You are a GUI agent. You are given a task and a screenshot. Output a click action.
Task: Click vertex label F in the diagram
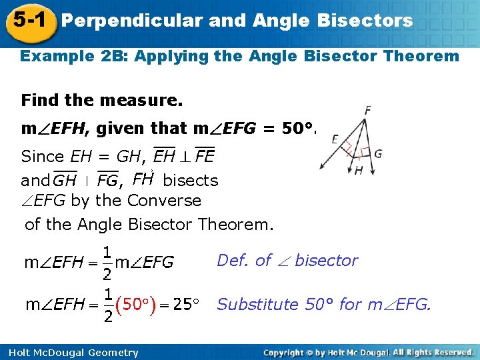[x=368, y=110]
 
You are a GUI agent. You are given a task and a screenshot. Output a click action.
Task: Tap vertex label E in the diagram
[x=335, y=139]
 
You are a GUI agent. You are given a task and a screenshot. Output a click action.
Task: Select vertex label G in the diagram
[x=378, y=154]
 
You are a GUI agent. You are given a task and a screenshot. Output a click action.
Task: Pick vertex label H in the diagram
[x=359, y=171]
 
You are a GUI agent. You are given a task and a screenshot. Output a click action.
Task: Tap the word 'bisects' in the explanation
[x=190, y=181]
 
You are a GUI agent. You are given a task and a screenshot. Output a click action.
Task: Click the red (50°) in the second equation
[x=135, y=305]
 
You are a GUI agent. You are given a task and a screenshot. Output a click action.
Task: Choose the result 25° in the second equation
[x=187, y=305]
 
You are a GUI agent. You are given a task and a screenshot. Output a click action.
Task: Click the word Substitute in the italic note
[x=258, y=305]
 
